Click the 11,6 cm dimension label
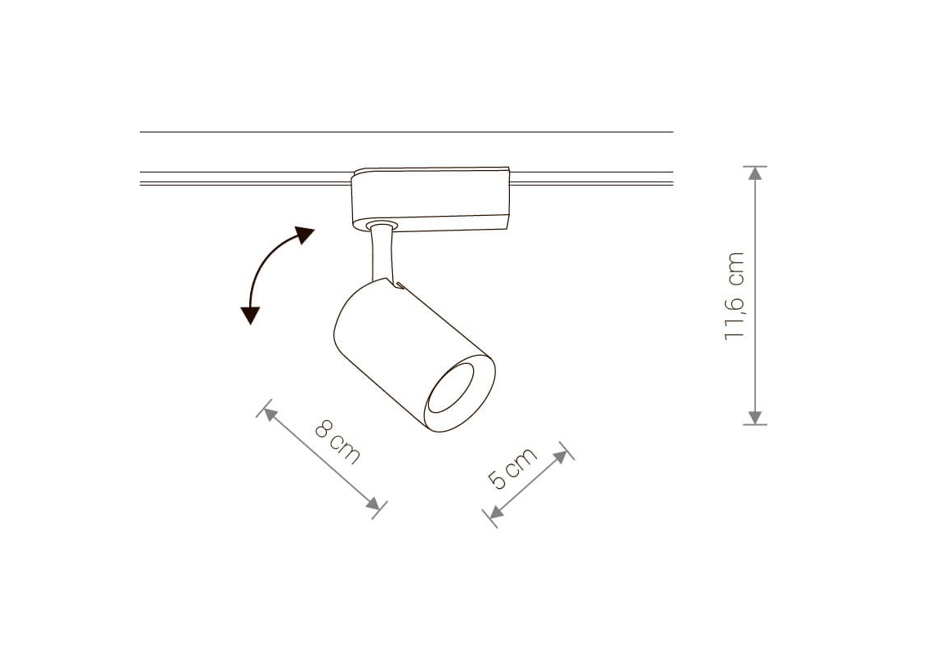pyautogui.click(x=735, y=296)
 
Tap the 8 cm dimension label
pyautogui.click(x=337, y=441)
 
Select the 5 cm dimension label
pyautogui.click(x=512, y=468)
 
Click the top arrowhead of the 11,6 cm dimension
pyautogui.click(x=755, y=173)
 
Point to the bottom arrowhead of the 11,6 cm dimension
pyautogui.click(x=755, y=417)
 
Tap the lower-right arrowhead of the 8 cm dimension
pyautogui.click(x=373, y=504)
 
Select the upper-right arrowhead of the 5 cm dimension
pyautogui.click(x=561, y=457)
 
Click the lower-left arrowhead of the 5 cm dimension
pyautogui.click(x=495, y=512)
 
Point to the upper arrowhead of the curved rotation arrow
pyautogui.click(x=306, y=235)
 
